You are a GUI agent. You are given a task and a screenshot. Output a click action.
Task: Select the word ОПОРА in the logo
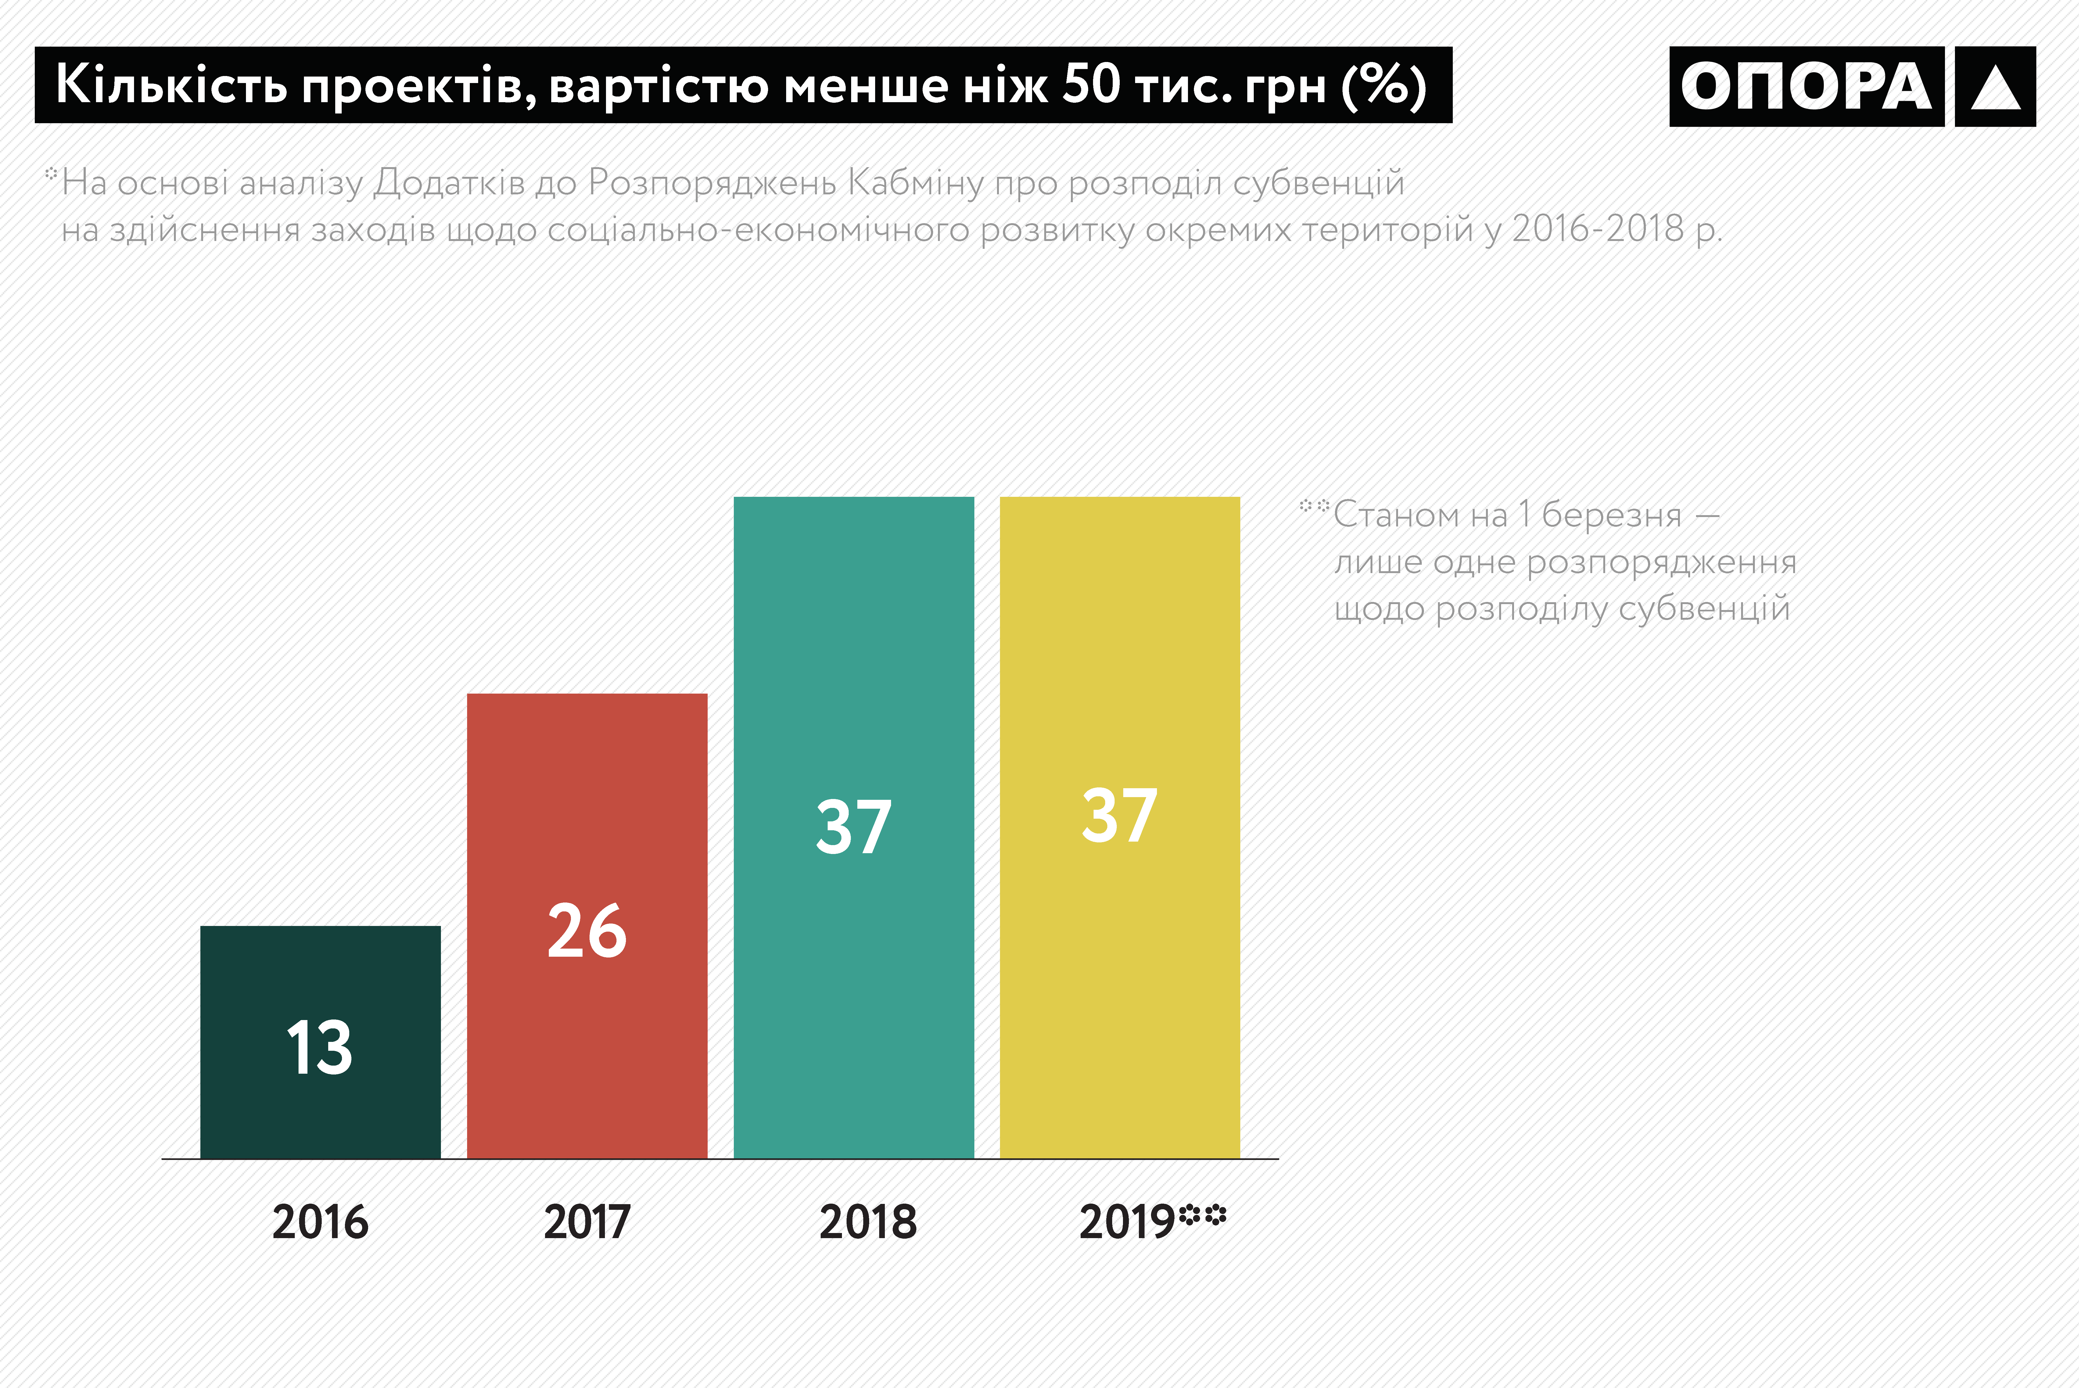pos(1806,87)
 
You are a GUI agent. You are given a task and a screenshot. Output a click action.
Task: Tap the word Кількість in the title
pos(172,85)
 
